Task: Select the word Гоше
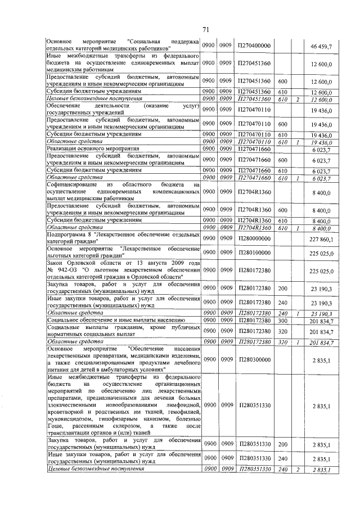tap(55, 426)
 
